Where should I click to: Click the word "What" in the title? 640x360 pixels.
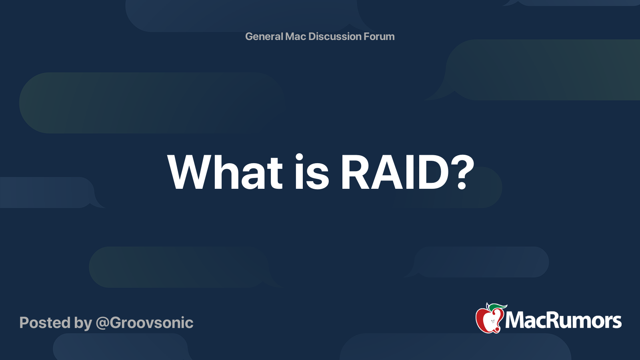[225, 172]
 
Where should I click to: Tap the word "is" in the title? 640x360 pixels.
[312, 172]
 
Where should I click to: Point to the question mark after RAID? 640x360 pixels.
[462, 172]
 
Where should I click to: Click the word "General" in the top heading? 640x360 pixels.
[264, 36]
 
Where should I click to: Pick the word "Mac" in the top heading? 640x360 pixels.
[296, 36]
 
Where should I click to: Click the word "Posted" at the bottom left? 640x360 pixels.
[45, 322]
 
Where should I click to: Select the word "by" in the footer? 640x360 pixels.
[83, 324]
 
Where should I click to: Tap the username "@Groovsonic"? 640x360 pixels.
[144, 323]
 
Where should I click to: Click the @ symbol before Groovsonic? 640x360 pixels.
[102, 324]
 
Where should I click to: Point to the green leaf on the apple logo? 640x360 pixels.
[498, 308]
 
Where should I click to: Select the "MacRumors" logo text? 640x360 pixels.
[563, 321]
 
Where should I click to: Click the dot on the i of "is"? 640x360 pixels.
[299, 158]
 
